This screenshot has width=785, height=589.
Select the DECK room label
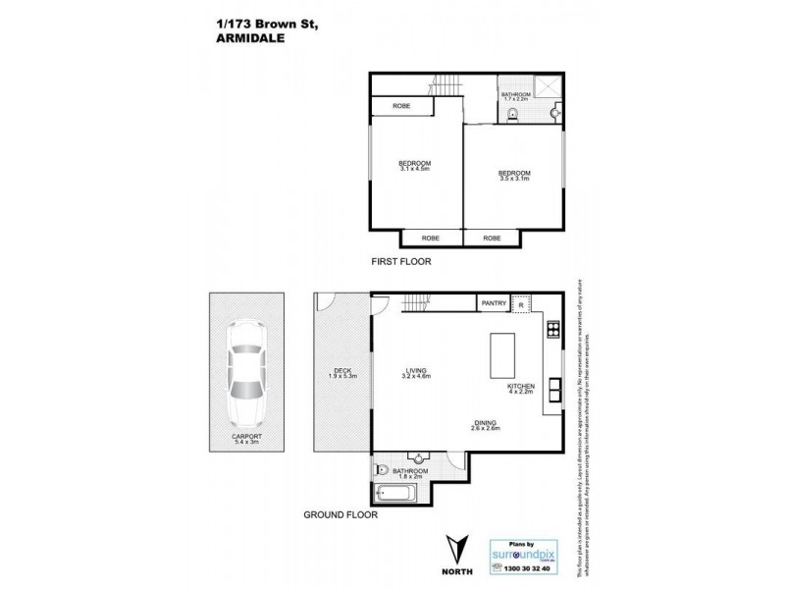[x=342, y=372]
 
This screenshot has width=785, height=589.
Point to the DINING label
[x=486, y=425]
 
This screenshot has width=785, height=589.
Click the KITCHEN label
[x=519, y=391]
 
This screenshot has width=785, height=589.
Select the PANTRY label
[x=494, y=303]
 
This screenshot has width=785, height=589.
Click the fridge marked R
[x=521, y=304]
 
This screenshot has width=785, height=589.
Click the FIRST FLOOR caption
[x=400, y=262]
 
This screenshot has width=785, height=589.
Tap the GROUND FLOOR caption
[x=340, y=513]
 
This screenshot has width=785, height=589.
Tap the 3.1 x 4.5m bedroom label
[x=415, y=166]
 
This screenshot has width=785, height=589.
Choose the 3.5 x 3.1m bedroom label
[x=513, y=176]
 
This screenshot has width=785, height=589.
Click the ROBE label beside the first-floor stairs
[x=400, y=106]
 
